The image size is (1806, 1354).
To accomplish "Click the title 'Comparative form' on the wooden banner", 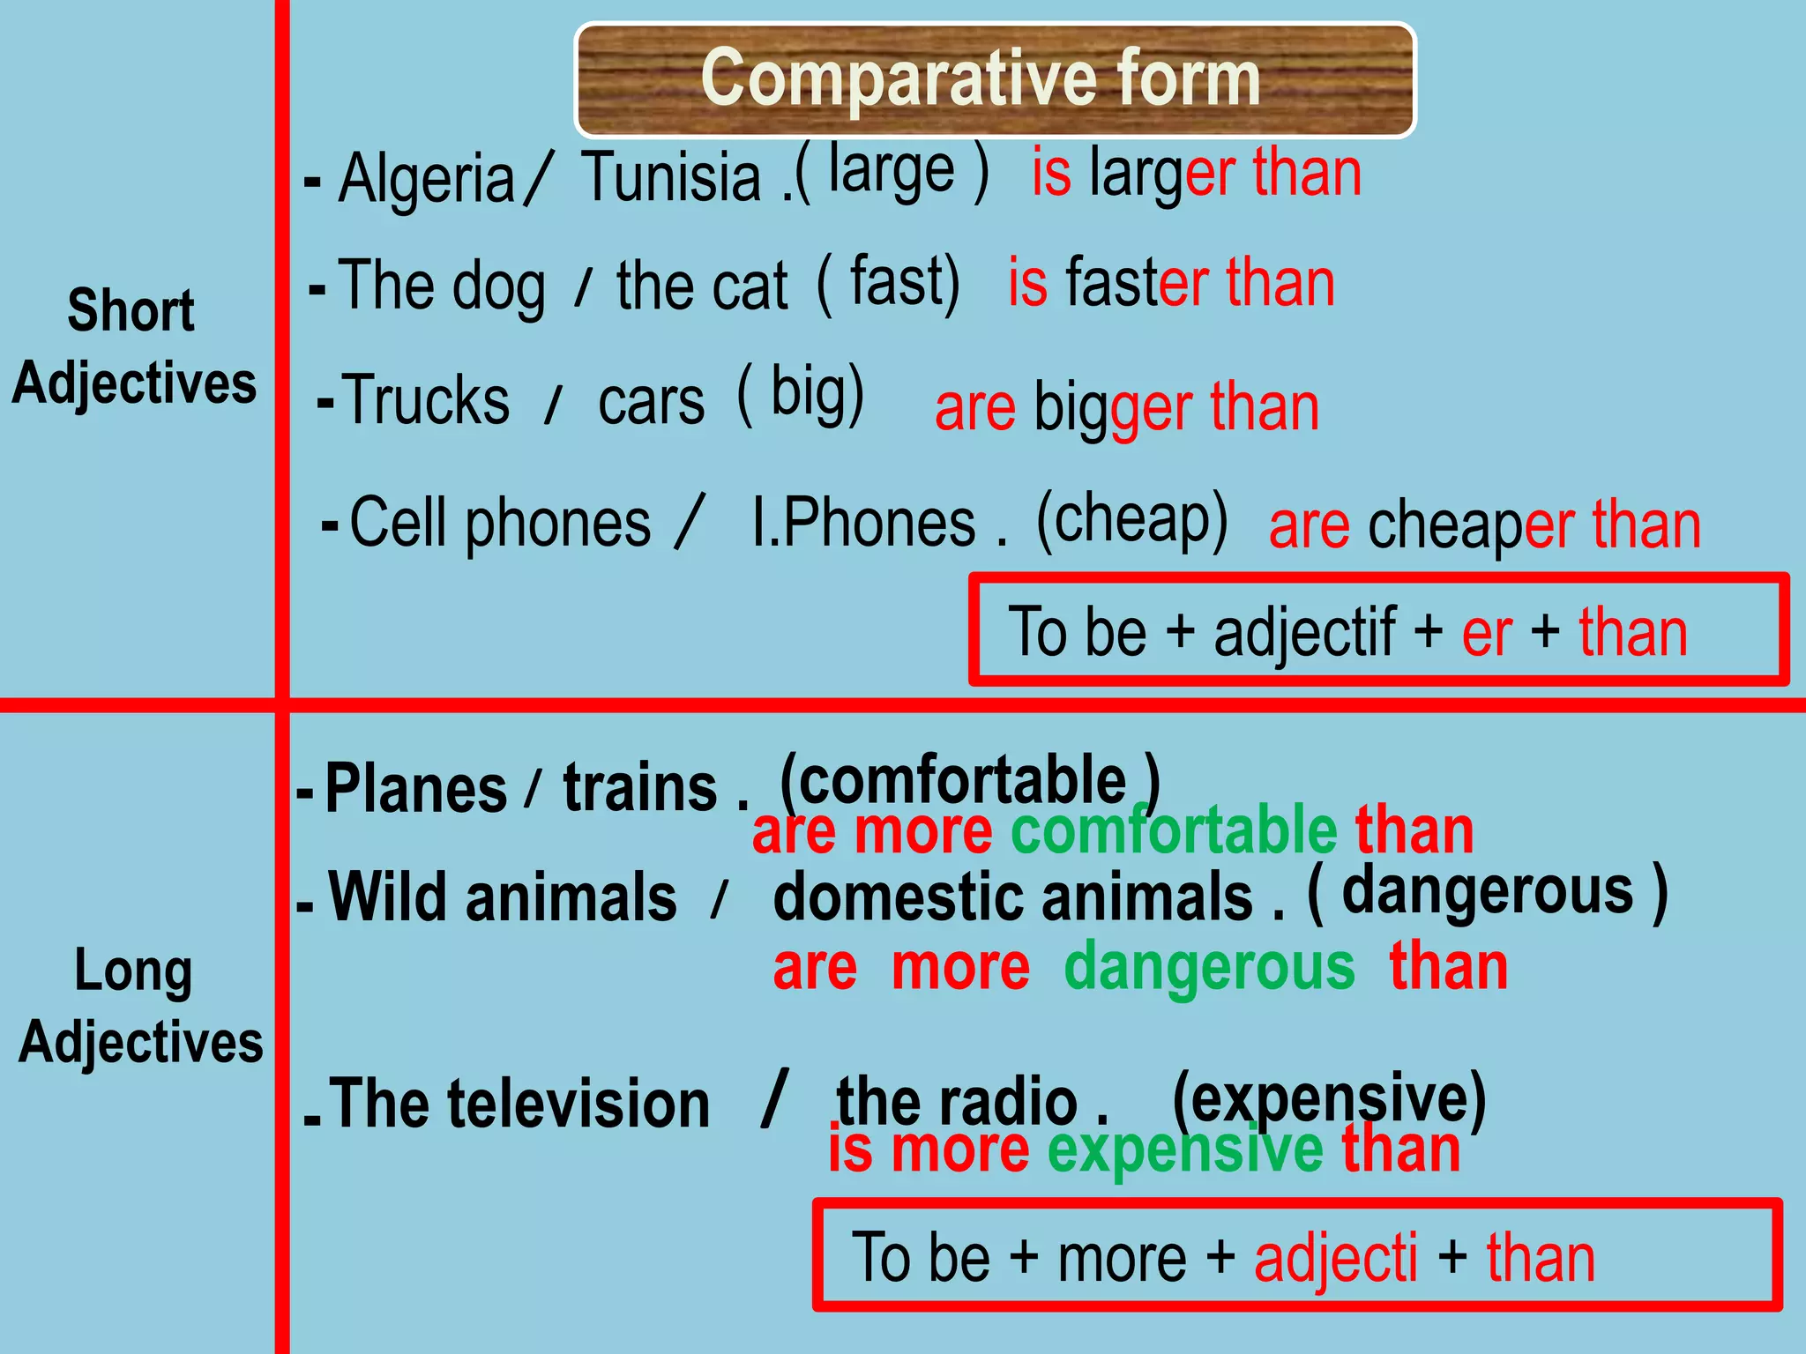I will tap(981, 79).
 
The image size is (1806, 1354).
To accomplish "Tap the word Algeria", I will tap(426, 179).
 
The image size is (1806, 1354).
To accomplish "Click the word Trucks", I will tap(426, 401).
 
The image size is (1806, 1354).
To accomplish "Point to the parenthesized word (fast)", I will tap(888, 282).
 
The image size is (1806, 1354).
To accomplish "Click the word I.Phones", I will tap(863, 524).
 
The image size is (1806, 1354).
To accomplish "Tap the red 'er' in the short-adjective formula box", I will tap(1487, 632).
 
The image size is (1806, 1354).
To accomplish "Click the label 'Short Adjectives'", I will tap(133, 346).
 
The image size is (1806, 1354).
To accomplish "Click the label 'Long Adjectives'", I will tap(138, 1006).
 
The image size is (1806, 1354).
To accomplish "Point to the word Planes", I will tap(415, 788).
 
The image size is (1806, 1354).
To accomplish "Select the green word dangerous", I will tap(1209, 967).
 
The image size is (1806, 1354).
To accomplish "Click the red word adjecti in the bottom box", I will tap(1335, 1258).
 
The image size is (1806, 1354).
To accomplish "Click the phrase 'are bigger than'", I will tap(1126, 408).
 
